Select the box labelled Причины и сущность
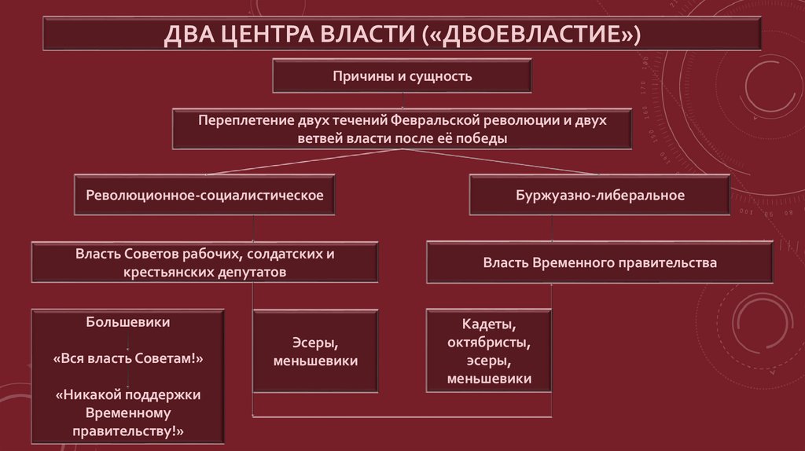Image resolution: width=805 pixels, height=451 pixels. coord(402,76)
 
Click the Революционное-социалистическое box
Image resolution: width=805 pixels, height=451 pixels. coord(204,195)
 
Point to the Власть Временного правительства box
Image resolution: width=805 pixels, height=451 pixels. coord(600,263)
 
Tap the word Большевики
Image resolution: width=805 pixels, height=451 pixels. coord(128,321)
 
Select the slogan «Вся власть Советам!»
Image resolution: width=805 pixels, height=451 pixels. coord(128,357)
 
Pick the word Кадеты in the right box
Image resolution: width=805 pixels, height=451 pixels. coord(489,324)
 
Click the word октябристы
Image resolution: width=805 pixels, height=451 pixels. coord(489,343)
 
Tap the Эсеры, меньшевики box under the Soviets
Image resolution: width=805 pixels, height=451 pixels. coord(315,351)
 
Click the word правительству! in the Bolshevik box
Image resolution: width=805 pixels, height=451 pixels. coord(128,431)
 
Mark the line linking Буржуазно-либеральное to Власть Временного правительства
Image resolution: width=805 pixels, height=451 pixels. coord(553,228)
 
